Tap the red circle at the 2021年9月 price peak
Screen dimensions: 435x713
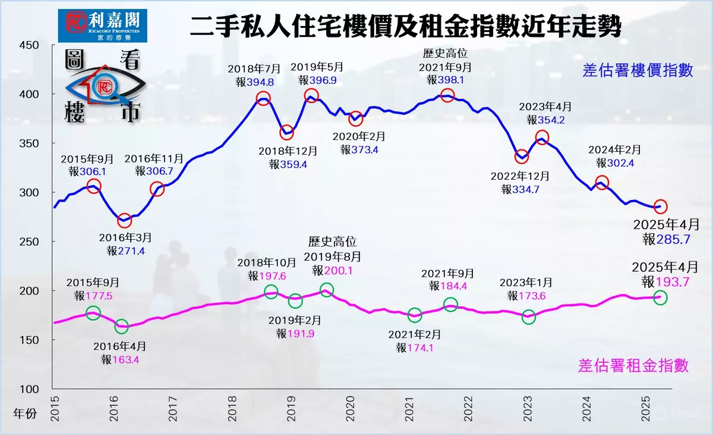pyautogui.click(x=447, y=95)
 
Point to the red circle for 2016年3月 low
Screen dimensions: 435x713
pyautogui.click(x=124, y=221)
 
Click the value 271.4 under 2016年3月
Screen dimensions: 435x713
pyautogui.click(x=133, y=251)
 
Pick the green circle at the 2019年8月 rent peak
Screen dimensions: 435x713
pyautogui.click(x=327, y=290)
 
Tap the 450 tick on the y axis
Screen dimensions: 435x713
pyautogui.click(x=29, y=45)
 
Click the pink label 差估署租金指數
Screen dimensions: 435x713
pyautogui.click(x=633, y=365)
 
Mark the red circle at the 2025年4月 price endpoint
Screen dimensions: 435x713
pyautogui.click(x=660, y=206)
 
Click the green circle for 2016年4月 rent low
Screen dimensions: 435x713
pyautogui.click(x=121, y=326)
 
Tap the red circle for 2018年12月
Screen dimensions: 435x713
pyautogui.click(x=286, y=132)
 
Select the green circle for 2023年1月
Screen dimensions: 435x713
pyautogui.click(x=529, y=317)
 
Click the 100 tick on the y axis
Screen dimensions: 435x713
pyautogui.click(x=29, y=389)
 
